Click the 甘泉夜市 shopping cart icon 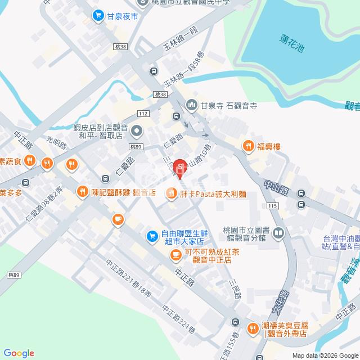(98, 16)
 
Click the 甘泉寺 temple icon (192, 104)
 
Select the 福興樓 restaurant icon (248, 146)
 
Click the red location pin (180, 168)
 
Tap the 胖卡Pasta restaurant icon (170, 194)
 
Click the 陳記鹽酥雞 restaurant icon (83, 192)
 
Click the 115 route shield (273, 207)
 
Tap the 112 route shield (143, 114)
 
